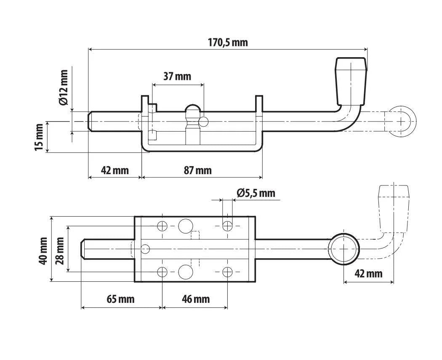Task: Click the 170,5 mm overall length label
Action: pos(228,42)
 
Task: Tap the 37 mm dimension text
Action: pos(177,77)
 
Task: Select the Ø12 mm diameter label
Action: pos(64,87)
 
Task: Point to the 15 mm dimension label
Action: pos(39,137)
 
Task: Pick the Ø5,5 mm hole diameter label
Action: pos(256,193)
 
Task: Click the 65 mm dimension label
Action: pos(121,299)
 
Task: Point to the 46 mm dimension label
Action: pos(196,299)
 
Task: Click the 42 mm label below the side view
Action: pos(115,170)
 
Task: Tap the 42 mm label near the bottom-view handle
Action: pos(368,273)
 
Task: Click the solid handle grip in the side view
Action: pos(351,81)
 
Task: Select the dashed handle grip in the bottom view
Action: pos(394,209)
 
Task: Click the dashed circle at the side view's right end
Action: pos(401,122)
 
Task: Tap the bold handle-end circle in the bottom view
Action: pos(344,249)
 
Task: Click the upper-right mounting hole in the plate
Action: pos(227,226)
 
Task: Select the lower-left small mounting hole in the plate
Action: pos(162,272)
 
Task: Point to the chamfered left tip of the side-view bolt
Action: pos(91,122)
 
